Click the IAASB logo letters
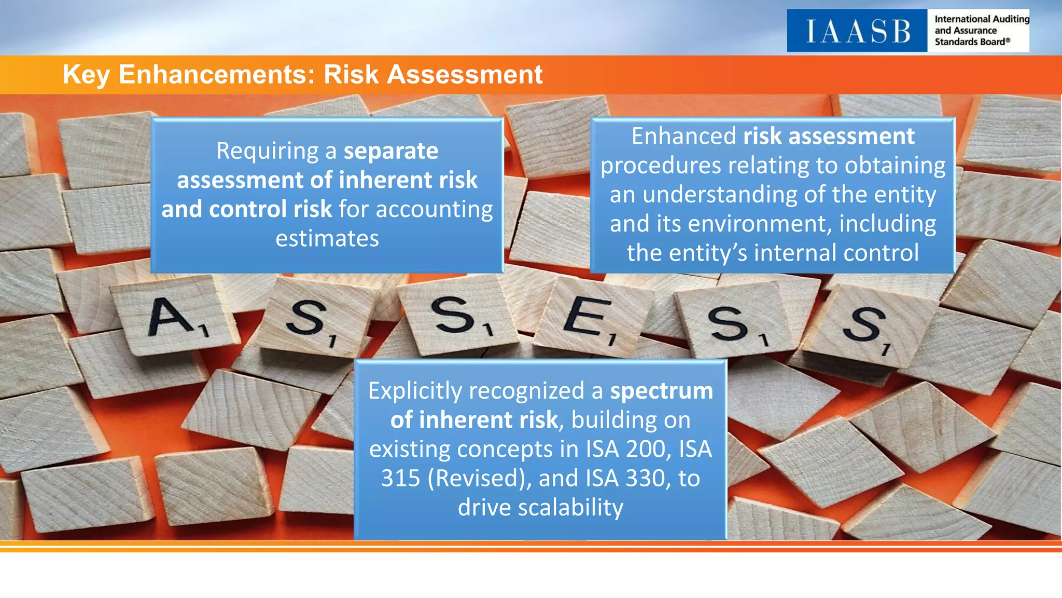858,31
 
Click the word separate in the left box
391,151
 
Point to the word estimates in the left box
327,238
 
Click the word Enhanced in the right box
683,136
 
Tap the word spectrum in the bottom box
661,390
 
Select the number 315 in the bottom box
400,478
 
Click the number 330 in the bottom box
645,478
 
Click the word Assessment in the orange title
464,74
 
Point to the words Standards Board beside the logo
970,42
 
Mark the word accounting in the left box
434,209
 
